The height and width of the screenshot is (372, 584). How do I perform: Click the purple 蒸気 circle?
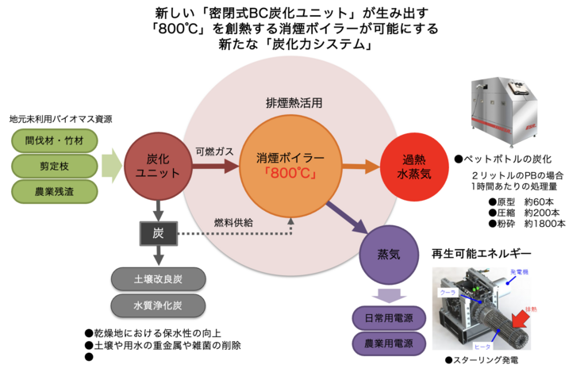point(390,254)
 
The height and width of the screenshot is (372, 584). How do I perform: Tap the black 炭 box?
point(158,232)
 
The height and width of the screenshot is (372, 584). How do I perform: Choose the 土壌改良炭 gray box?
point(158,279)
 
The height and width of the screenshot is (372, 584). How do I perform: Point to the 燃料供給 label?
point(233,223)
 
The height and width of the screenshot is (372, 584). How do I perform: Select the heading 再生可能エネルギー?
point(482,254)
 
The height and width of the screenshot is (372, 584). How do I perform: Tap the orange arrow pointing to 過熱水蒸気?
point(360,166)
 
